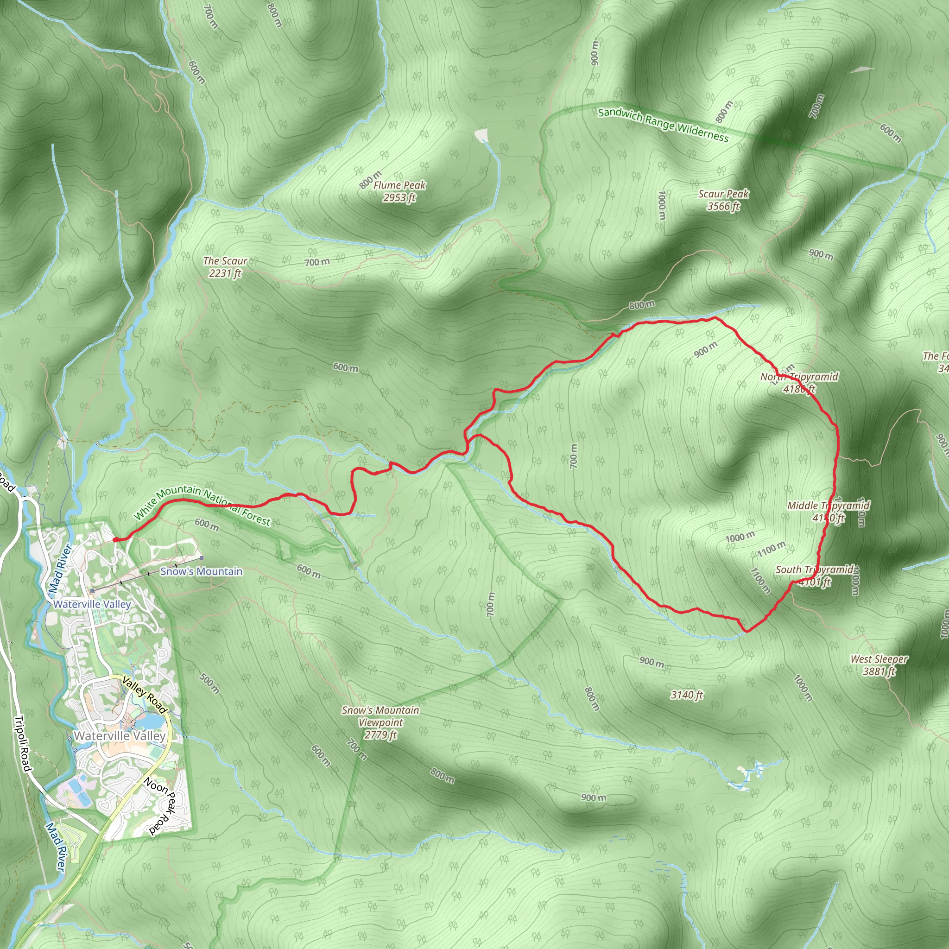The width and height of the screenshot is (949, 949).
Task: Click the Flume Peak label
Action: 399,191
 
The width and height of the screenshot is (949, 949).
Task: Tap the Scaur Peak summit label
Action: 723,199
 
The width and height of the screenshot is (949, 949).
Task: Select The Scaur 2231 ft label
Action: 225,267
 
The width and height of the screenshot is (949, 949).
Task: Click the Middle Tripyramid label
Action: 828,512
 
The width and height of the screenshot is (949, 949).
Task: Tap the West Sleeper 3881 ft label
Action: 879,665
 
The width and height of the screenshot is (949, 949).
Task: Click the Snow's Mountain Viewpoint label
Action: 381,722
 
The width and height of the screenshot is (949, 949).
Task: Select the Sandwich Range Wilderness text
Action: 663,124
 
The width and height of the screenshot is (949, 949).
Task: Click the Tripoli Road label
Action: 23,744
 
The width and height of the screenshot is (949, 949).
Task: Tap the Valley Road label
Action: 145,695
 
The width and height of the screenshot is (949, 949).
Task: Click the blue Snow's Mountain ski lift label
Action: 202,571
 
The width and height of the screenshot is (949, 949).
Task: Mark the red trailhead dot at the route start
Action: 115,539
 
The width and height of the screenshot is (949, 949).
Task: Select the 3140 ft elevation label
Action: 687,695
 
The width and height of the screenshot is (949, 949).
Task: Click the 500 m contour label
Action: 210,683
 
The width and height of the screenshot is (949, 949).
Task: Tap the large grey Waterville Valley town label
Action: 120,736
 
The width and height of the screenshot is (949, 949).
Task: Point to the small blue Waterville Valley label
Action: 92,604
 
